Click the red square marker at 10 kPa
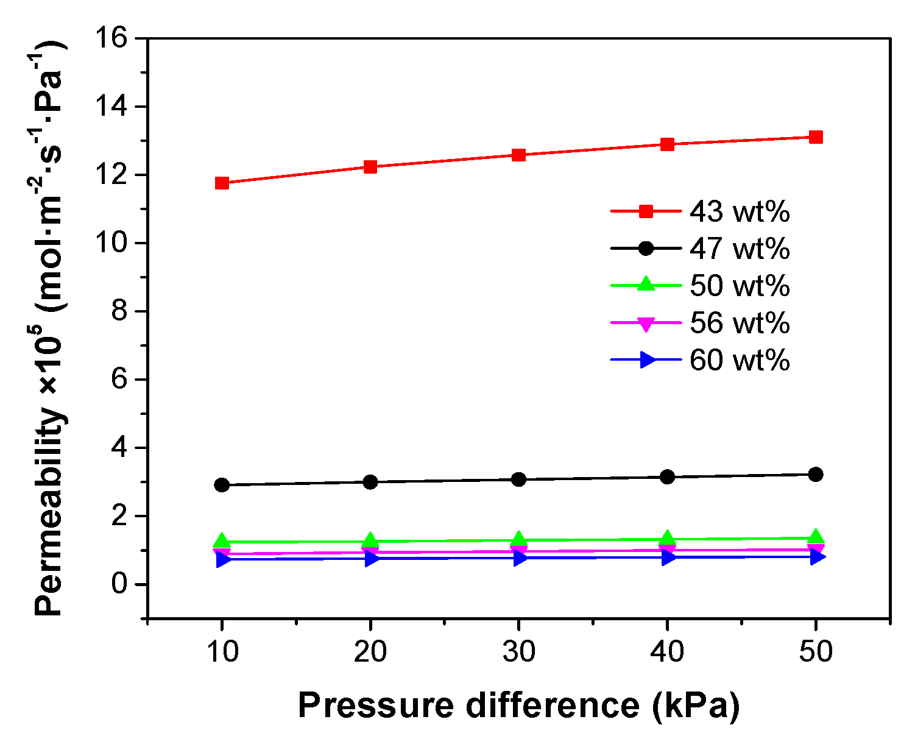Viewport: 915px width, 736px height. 222,183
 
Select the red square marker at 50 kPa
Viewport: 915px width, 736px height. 816,137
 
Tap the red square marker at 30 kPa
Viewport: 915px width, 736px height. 519,155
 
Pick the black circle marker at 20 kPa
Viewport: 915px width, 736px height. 370,482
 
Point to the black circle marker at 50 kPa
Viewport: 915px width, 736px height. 816,474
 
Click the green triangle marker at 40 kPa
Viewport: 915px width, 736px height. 668,538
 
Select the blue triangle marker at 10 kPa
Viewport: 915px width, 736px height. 223,559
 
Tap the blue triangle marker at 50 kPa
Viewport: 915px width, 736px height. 818,557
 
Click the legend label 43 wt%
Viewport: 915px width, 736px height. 740,211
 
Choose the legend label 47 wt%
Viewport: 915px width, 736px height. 740,249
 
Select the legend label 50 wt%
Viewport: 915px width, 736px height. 740,286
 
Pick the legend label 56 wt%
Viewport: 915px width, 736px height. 740,323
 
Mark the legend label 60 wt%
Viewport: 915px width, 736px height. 740,360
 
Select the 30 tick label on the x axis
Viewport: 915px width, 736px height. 519,652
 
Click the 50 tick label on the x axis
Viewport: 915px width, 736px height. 816,652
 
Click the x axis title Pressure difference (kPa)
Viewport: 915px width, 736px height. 518,706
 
